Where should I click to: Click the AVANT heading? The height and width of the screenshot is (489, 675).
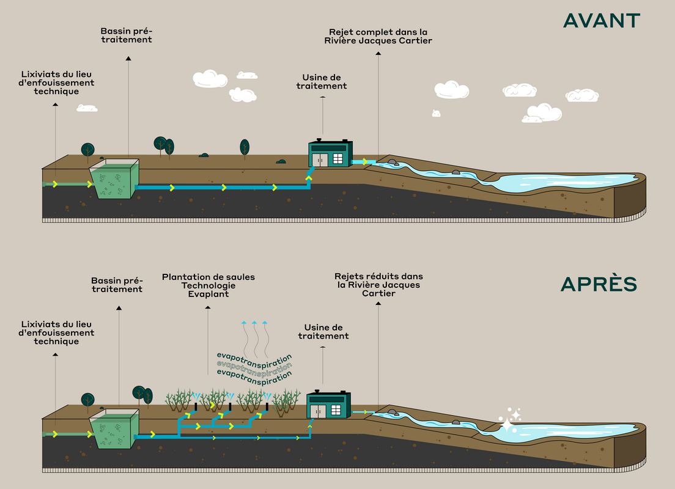point(601,20)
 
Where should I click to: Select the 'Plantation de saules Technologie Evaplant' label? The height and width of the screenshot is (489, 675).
point(208,285)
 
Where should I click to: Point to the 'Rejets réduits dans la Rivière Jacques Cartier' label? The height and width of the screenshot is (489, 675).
point(378,285)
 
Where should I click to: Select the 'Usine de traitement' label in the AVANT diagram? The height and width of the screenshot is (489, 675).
point(322,82)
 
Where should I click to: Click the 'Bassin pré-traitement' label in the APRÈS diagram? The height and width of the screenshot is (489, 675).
point(117,284)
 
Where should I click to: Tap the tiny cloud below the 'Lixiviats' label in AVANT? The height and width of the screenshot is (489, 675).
point(87,108)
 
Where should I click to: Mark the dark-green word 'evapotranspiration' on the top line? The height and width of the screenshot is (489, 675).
point(254,357)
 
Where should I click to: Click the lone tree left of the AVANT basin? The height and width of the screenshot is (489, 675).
point(88,150)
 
